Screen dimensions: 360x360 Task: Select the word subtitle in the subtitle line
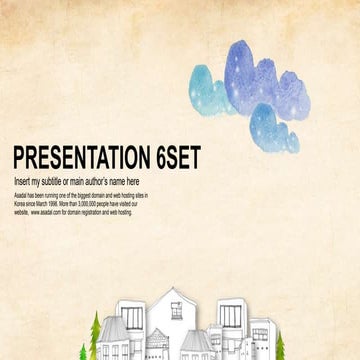pos(65,180)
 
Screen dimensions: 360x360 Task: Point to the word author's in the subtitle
pos(111,180)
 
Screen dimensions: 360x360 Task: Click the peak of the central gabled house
pos(169,288)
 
